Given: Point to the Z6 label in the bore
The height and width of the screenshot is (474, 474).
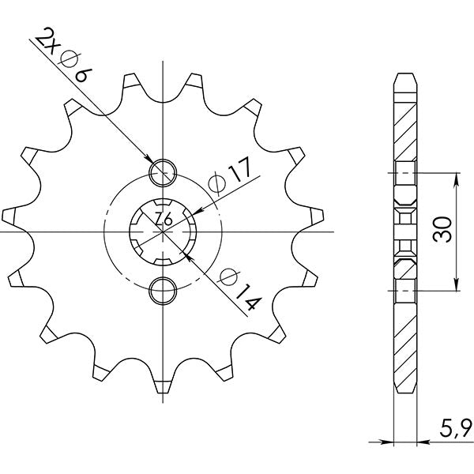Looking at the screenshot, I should point(163,220).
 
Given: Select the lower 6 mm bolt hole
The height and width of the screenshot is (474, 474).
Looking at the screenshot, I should point(163,289).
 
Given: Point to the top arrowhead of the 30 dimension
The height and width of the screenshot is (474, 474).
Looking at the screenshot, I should point(456,176).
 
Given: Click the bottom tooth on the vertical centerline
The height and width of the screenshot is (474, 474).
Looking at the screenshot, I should point(163,386).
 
